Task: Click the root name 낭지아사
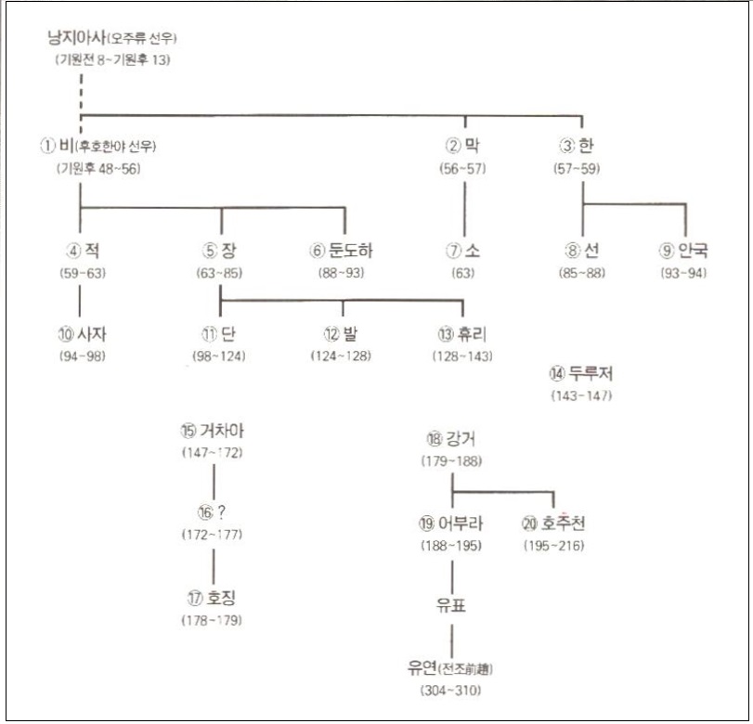click(x=76, y=38)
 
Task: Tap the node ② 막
click(x=464, y=145)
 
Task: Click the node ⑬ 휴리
click(x=462, y=334)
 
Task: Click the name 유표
click(x=450, y=606)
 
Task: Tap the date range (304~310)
click(x=451, y=690)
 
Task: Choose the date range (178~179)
click(x=215, y=620)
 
